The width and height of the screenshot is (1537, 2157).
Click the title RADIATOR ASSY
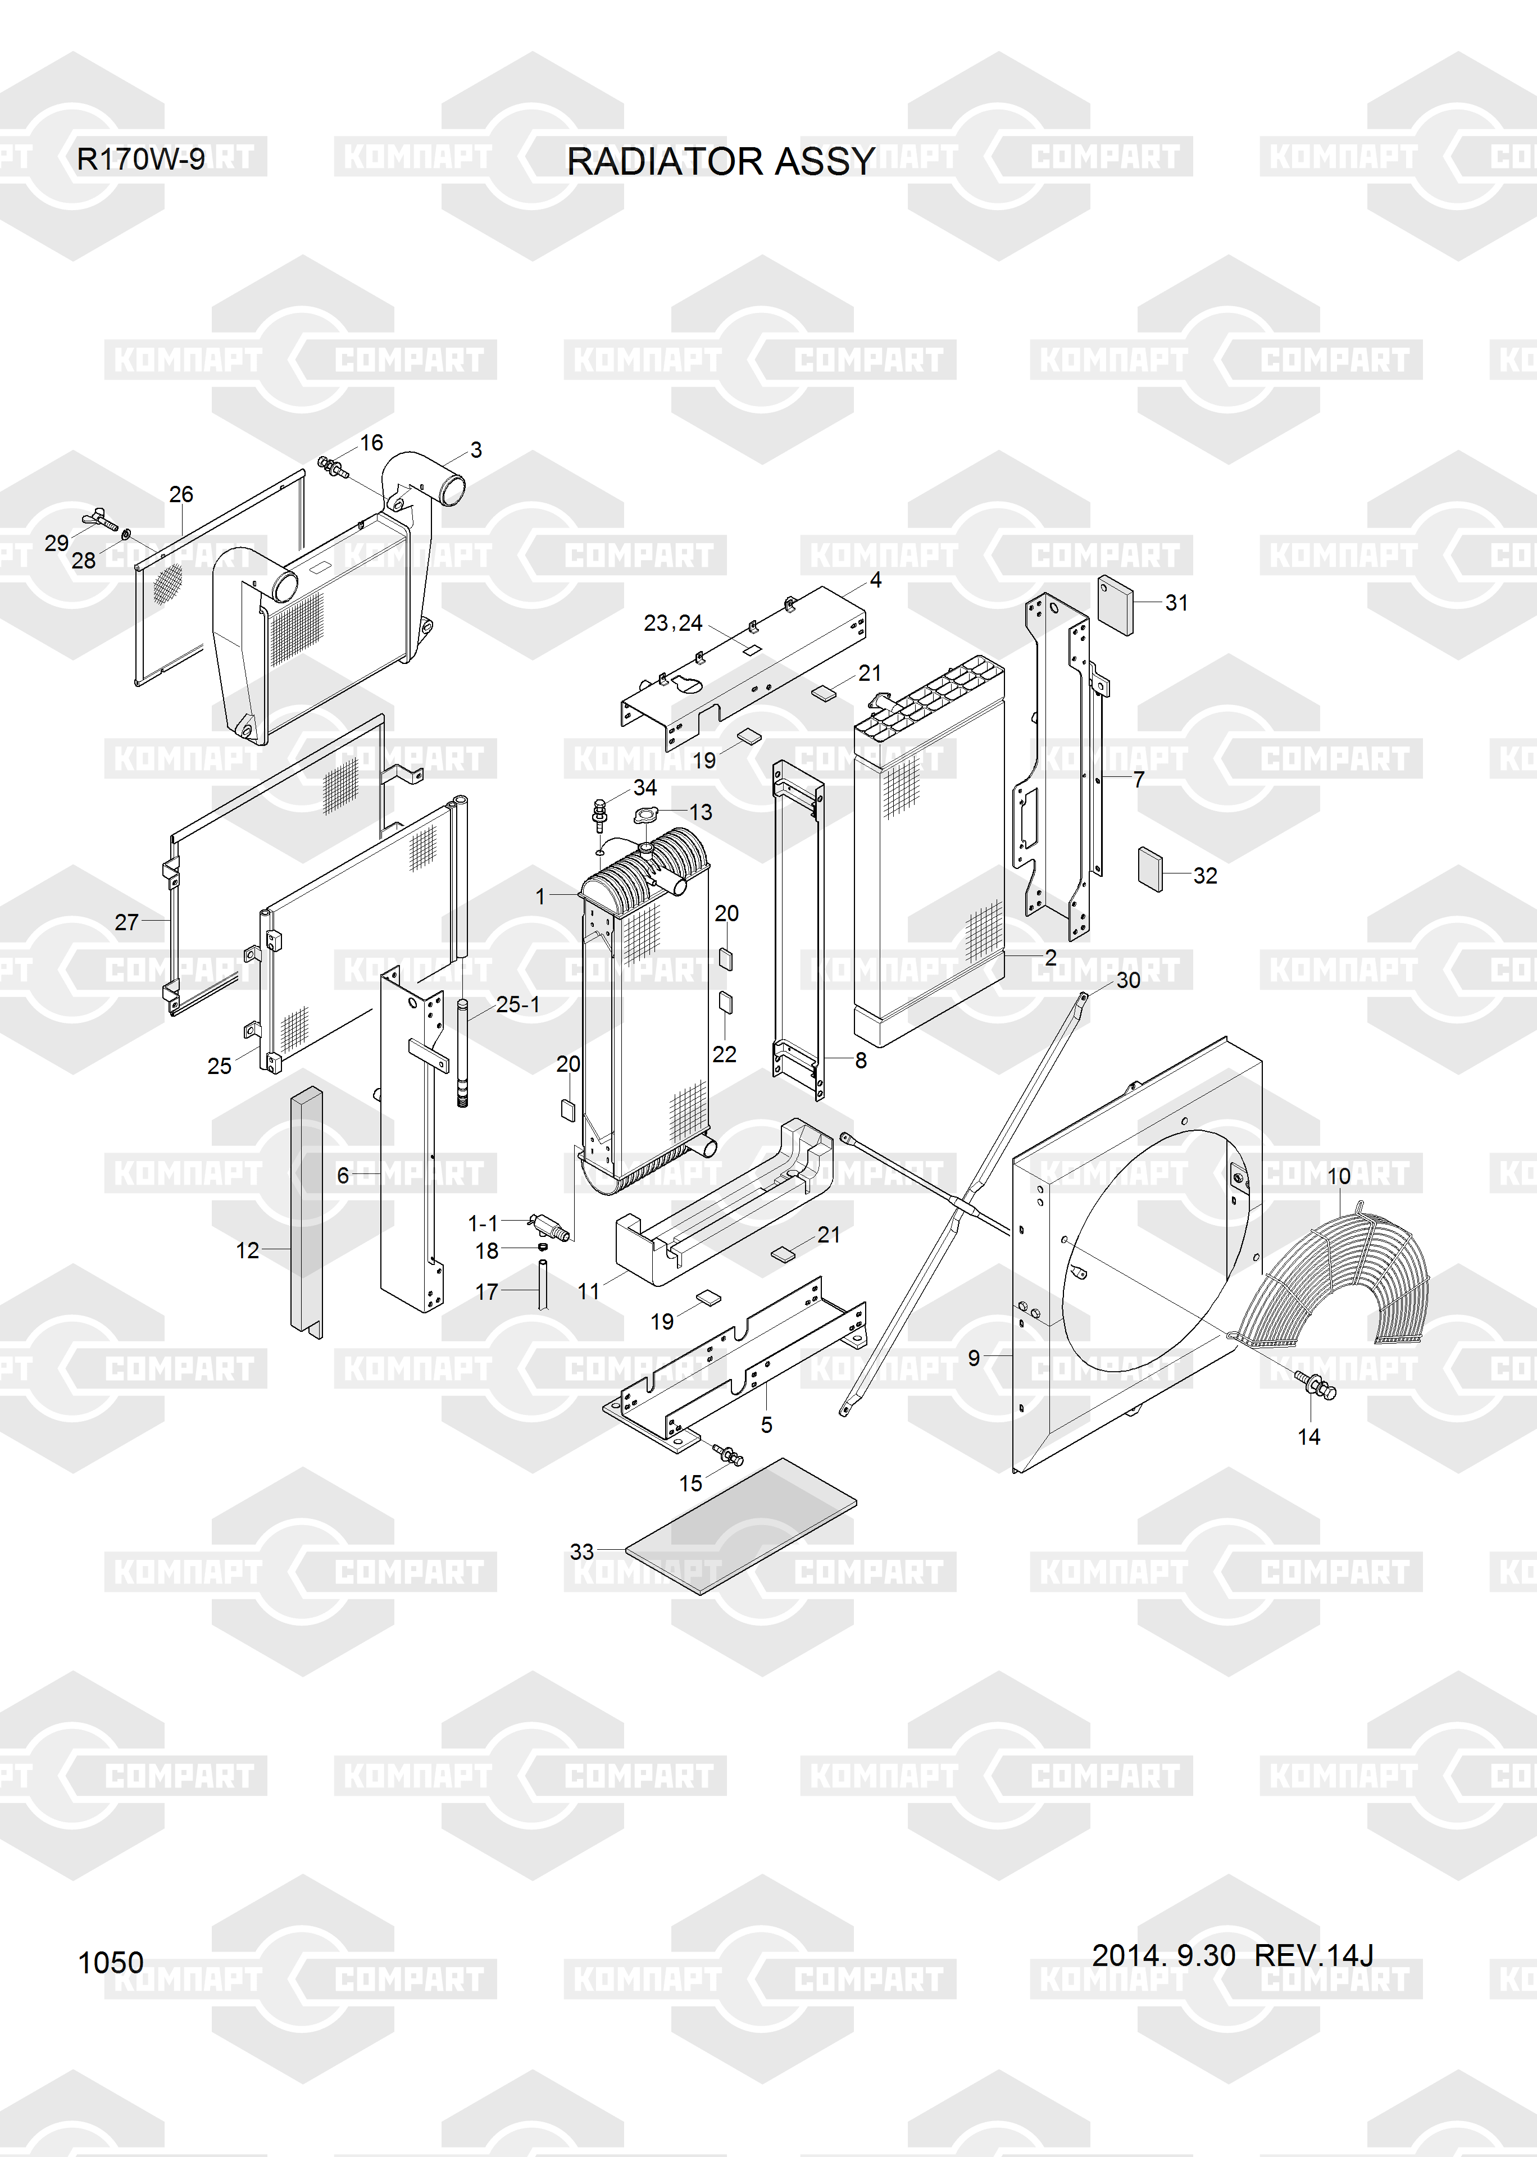[x=720, y=162]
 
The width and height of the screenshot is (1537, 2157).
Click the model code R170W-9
[x=140, y=159]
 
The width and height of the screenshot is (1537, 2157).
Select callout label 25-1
[x=518, y=1005]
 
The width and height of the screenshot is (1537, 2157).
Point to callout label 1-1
[x=483, y=1223]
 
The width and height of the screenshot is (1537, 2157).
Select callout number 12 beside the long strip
[x=247, y=1251]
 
